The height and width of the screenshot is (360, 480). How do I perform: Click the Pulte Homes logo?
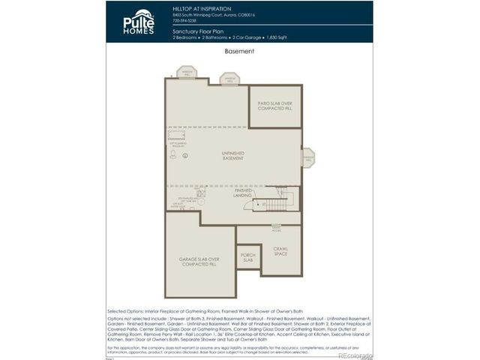139,22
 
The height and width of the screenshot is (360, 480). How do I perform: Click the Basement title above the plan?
239,52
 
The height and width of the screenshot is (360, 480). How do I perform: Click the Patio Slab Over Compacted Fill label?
274,106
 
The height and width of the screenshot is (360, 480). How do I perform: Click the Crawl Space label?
280,250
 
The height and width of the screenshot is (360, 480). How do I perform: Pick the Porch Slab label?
247,257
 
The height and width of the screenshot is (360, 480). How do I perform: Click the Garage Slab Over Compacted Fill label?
199,262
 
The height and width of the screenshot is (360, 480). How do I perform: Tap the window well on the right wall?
307,157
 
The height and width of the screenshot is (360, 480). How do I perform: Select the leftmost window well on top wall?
186,73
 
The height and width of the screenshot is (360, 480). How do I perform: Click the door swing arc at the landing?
259,204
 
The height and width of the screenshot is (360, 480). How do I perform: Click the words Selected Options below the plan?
128,310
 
